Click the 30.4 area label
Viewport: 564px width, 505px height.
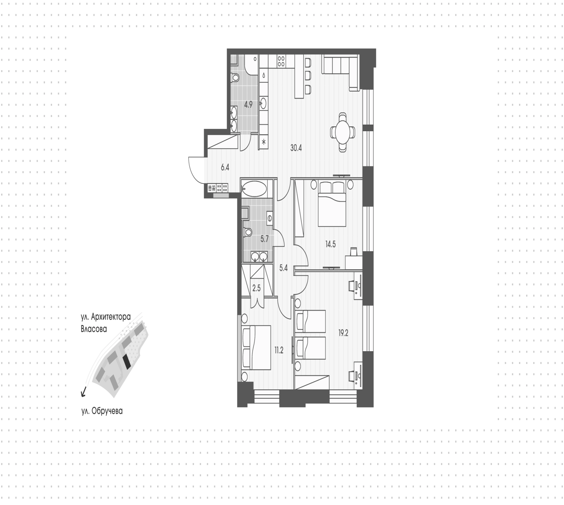click(x=296, y=148)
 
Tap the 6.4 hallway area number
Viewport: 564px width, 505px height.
click(x=225, y=168)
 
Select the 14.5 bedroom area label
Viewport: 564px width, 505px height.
click(x=330, y=244)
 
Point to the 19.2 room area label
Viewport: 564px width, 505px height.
click(x=343, y=333)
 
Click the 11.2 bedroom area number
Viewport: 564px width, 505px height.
click(x=279, y=350)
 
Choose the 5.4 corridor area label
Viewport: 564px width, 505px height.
click(x=283, y=268)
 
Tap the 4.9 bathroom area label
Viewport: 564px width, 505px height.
click(x=248, y=104)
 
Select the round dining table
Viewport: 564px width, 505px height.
click(x=343, y=132)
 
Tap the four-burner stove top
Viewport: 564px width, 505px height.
click(x=281, y=61)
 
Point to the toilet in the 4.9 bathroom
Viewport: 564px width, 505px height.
click(x=235, y=78)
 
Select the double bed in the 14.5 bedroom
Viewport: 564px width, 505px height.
click(x=332, y=204)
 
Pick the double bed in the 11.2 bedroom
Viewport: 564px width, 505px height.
click(x=256, y=347)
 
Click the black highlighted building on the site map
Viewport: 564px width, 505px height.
click(x=127, y=362)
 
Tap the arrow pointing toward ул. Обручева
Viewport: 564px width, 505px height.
click(x=84, y=392)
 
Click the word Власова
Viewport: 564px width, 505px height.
click(x=94, y=329)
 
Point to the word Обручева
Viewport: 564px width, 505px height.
click(x=107, y=411)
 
